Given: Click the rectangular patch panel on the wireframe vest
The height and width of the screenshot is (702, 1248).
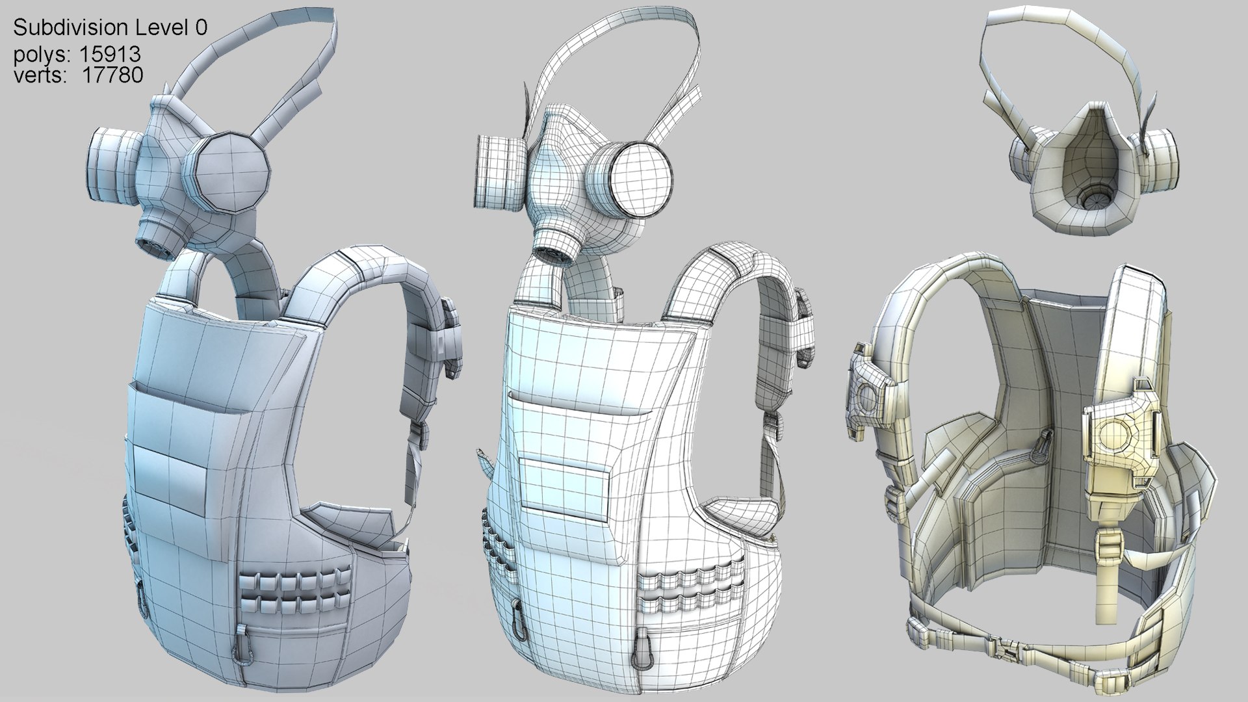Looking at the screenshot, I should (x=564, y=484).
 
